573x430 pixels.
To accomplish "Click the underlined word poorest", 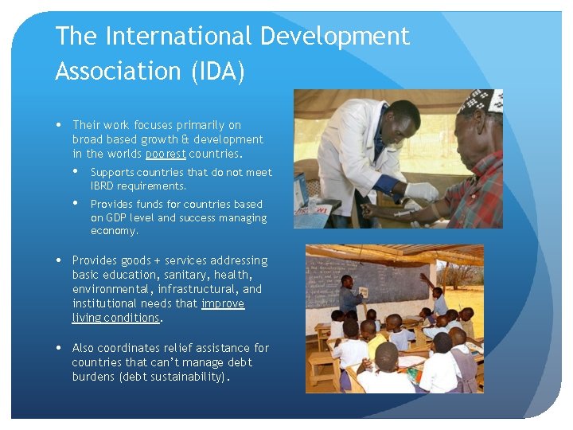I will pos(166,154).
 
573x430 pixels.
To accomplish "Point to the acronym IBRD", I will pos(103,186).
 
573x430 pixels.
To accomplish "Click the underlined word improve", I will pos(223,303).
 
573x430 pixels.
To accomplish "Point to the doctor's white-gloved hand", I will pos(419,191).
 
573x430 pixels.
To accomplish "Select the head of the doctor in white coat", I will pos(404,117).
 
